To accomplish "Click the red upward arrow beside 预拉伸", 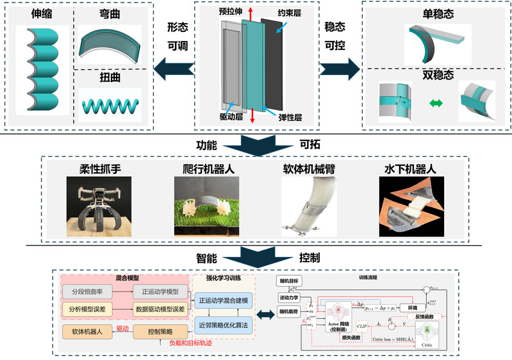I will click(x=251, y=13).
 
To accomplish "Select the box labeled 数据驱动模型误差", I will click(x=159, y=309).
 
